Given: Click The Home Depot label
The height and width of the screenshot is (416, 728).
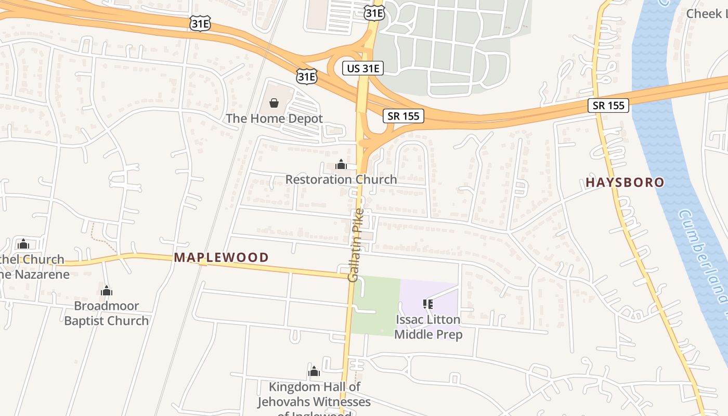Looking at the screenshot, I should (274, 119).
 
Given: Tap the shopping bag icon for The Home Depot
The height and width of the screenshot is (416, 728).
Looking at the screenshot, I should (274, 103).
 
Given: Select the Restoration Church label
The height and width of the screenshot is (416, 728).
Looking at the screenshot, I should (341, 179).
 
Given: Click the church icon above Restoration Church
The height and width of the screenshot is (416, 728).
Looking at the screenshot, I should (341, 165).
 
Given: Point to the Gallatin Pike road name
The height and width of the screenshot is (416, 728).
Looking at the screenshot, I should (355, 245).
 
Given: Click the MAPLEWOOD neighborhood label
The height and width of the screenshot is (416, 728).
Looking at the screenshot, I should (221, 257).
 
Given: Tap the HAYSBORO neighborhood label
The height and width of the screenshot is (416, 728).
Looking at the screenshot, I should (625, 183).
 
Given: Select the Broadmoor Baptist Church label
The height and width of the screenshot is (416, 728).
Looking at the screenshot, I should (107, 313).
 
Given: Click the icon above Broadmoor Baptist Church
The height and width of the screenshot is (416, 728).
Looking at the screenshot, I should (107, 291).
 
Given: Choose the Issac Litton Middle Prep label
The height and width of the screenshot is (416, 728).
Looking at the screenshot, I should (428, 327).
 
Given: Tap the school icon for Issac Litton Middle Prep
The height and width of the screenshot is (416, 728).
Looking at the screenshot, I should (428, 304).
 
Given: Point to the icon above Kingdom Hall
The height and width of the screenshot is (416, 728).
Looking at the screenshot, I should (314, 371).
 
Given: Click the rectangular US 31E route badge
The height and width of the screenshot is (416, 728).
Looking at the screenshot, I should (362, 68).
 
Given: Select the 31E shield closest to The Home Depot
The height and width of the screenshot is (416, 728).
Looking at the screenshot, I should (306, 76).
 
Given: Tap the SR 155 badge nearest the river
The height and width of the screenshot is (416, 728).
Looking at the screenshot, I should (608, 106).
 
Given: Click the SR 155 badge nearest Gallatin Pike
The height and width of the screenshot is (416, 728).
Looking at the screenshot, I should (404, 116).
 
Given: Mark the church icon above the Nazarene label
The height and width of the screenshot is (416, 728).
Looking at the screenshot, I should (23, 244).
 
